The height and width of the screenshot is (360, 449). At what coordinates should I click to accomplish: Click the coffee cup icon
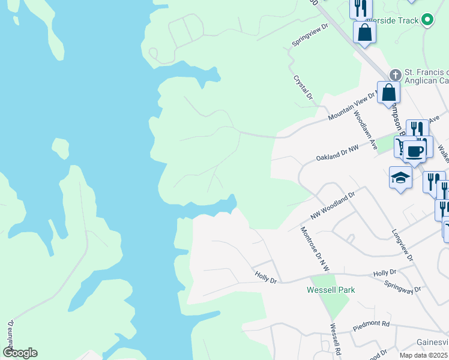[x=414, y=150]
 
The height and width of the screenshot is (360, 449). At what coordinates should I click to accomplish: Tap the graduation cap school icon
[x=400, y=178]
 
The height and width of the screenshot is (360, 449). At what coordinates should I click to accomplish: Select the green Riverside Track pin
[x=427, y=20]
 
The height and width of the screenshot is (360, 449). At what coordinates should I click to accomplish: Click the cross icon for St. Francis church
[x=395, y=75]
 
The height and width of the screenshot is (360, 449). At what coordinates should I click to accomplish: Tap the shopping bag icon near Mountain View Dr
[x=389, y=93]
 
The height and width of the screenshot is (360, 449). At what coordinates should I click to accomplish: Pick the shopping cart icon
[x=400, y=145]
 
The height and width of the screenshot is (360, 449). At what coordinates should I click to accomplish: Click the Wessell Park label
[x=331, y=290]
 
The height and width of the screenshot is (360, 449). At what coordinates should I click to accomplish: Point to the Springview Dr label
[x=310, y=35]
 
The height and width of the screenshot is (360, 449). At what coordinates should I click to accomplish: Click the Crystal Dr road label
[x=303, y=88]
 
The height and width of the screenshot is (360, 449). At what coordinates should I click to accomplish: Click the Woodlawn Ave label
[x=364, y=131]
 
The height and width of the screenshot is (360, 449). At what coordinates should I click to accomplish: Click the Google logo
[x=20, y=353]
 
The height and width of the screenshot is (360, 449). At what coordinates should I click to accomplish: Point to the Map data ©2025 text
[x=423, y=355]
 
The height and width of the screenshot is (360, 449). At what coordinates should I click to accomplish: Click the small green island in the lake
[x=61, y=149]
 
